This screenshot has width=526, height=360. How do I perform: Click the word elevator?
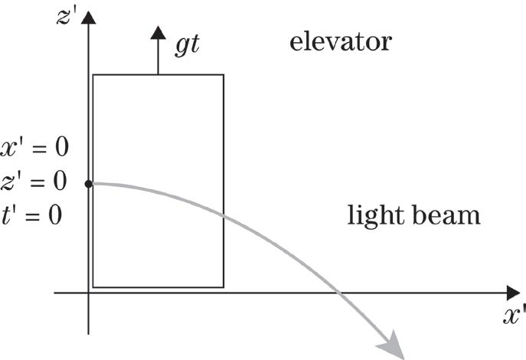pyautogui.click(x=340, y=41)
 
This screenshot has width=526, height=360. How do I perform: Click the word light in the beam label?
pyautogui.click(x=371, y=215)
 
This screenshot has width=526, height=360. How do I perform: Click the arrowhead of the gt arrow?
pyautogui.click(x=158, y=32)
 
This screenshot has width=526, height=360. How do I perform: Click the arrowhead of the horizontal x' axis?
pyautogui.click(x=512, y=293)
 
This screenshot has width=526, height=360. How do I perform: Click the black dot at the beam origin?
pyautogui.click(x=89, y=184)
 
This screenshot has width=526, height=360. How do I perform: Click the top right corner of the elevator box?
pyautogui.click(x=224, y=74)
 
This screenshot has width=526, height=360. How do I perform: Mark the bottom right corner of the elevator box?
pyautogui.click(x=224, y=287)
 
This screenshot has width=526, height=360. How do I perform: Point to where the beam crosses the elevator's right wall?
pyautogui.click(x=224, y=216)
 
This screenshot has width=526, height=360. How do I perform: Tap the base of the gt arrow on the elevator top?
pyautogui.click(x=158, y=74)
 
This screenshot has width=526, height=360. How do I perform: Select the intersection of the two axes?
pyautogui.click(x=89, y=293)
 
